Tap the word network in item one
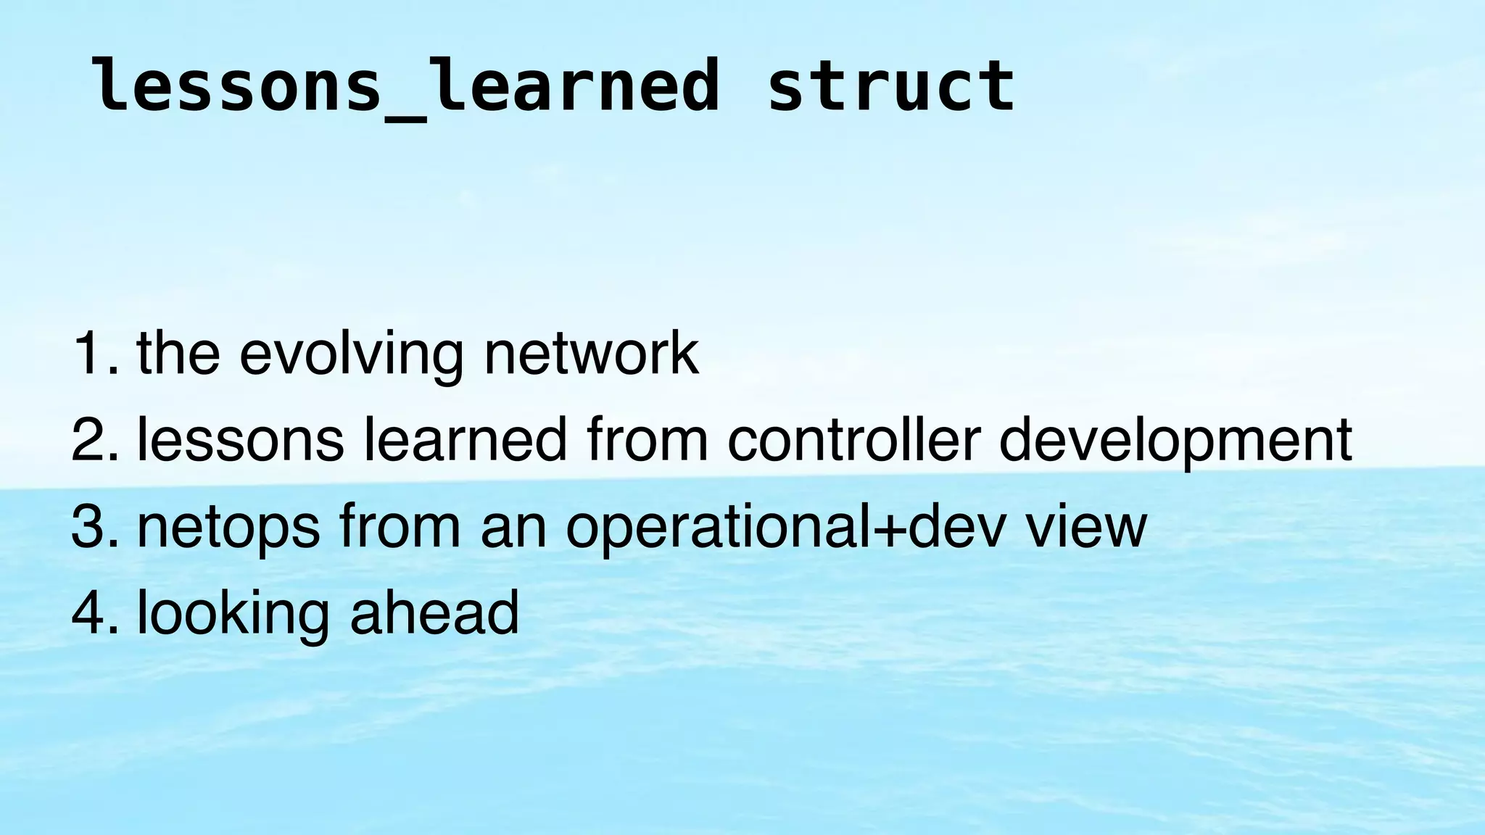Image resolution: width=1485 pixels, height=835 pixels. point(591,353)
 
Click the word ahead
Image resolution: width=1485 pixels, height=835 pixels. point(434,612)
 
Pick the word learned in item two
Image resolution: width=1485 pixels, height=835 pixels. point(465,439)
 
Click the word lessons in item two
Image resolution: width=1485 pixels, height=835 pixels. point(240,441)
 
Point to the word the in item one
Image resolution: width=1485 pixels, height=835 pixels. point(178,353)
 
